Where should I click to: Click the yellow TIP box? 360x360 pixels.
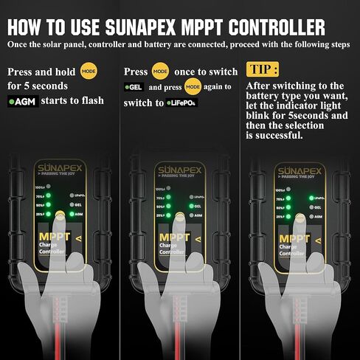point(263,72)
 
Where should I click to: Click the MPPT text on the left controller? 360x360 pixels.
point(55,238)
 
